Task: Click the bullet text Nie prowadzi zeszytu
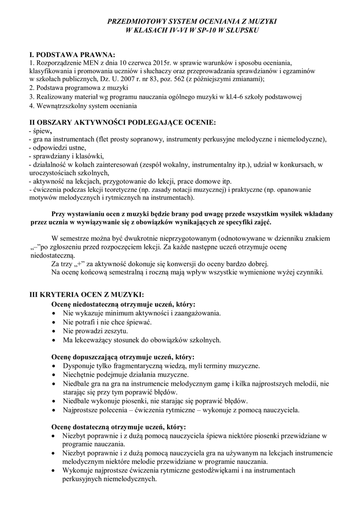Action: click(95, 331)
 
